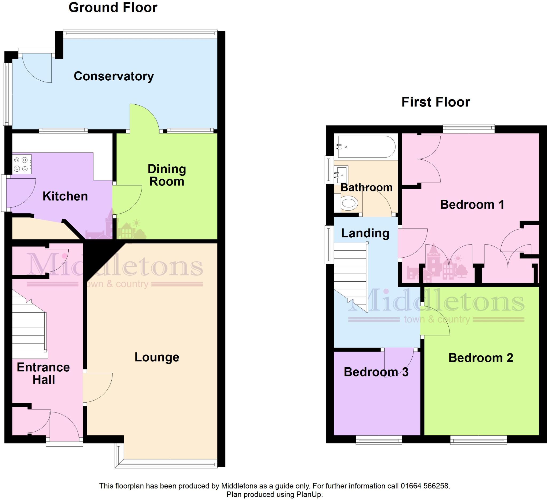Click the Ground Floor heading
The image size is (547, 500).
click(x=113, y=7)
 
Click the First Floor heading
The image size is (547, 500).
click(x=435, y=102)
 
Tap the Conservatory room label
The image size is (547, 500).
click(x=114, y=76)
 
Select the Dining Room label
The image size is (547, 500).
click(x=167, y=175)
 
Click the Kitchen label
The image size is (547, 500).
click(x=65, y=196)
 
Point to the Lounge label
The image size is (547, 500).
click(x=157, y=357)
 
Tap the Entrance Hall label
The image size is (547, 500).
click(x=44, y=373)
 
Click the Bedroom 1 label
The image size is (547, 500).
click(x=472, y=204)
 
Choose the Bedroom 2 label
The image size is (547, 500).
click(x=480, y=358)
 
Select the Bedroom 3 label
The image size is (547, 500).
click(x=376, y=372)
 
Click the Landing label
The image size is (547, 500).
click(x=365, y=233)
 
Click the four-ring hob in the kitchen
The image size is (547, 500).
click(x=22, y=164)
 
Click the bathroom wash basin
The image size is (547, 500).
click(x=341, y=172)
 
